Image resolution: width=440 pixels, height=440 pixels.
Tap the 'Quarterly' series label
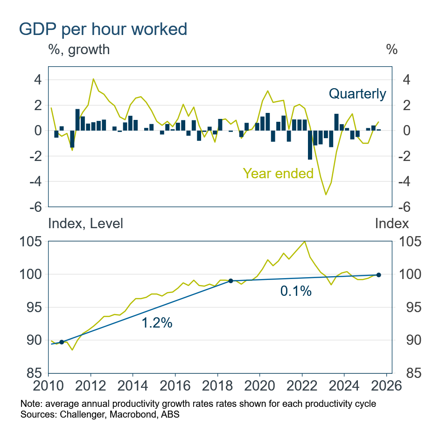(357, 94)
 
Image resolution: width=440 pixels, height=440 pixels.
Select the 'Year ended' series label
(278, 174)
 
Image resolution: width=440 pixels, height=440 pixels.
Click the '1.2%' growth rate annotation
(157, 322)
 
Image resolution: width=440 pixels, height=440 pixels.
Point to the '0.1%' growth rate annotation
(295, 291)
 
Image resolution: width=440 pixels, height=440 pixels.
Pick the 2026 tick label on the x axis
(386, 387)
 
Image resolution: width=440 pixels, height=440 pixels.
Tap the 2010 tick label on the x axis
(48, 387)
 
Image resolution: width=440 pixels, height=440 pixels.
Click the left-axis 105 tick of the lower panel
(31, 242)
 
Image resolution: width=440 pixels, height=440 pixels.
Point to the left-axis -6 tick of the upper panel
(35, 206)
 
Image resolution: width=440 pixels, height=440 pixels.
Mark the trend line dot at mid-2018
(230, 281)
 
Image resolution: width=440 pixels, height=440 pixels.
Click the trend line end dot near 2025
(378, 275)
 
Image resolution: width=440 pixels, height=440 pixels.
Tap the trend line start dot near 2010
(62, 342)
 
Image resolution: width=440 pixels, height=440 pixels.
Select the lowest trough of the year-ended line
(326, 194)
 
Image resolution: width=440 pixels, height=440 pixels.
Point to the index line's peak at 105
(305, 242)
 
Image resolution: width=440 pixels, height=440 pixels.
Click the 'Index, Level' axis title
(86, 223)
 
